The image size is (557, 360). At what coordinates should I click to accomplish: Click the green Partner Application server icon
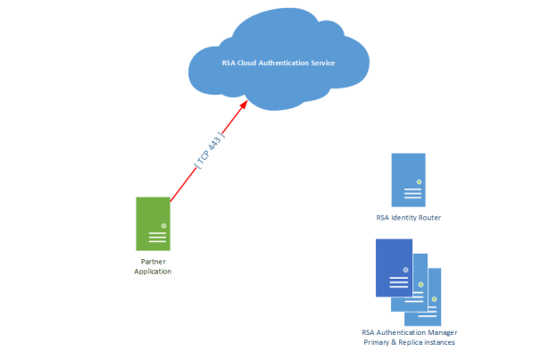tap(153, 223)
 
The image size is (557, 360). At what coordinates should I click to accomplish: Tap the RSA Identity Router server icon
tap(408, 180)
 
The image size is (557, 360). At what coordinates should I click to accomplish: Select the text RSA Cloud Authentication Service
tap(278, 63)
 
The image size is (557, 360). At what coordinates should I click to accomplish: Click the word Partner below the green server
tap(153, 261)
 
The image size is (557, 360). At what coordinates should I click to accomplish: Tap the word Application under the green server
tap(153, 271)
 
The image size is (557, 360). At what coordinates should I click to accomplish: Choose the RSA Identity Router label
tap(408, 218)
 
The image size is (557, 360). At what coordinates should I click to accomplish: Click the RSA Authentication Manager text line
tap(409, 333)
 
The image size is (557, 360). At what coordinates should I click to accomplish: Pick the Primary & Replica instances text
tap(409, 343)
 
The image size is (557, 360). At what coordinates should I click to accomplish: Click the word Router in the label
tap(428, 218)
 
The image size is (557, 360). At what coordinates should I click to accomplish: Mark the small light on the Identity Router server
tap(419, 181)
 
